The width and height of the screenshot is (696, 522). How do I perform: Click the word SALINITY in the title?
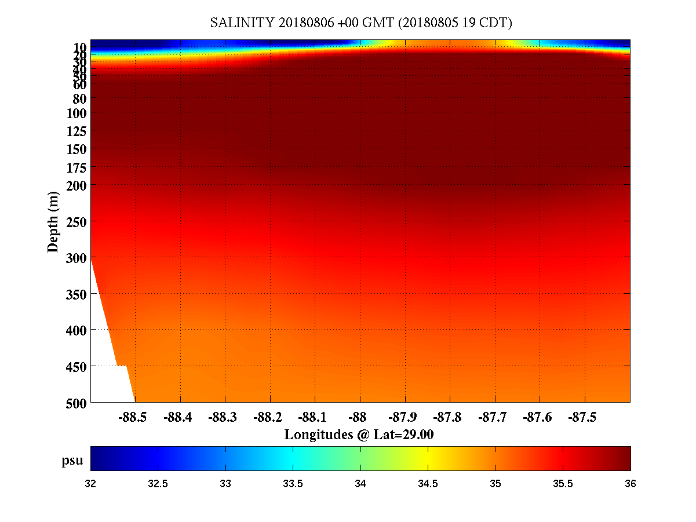pos(242,23)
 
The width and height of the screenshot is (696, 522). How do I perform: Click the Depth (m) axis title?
pos(53,221)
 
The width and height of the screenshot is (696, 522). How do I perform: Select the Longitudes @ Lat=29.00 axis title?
pos(359,435)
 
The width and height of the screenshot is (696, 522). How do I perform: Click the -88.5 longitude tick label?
pos(132,417)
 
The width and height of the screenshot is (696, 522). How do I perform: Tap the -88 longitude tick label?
pos(360,417)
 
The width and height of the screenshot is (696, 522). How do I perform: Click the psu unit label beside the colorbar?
pos(72,461)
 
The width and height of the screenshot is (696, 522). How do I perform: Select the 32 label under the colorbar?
pos(91,484)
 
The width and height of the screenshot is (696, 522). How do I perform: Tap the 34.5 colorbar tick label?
pos(428,484)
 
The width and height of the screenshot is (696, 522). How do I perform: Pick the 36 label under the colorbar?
pos(630,484)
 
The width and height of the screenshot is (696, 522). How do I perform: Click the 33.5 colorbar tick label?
pos(293,484)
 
